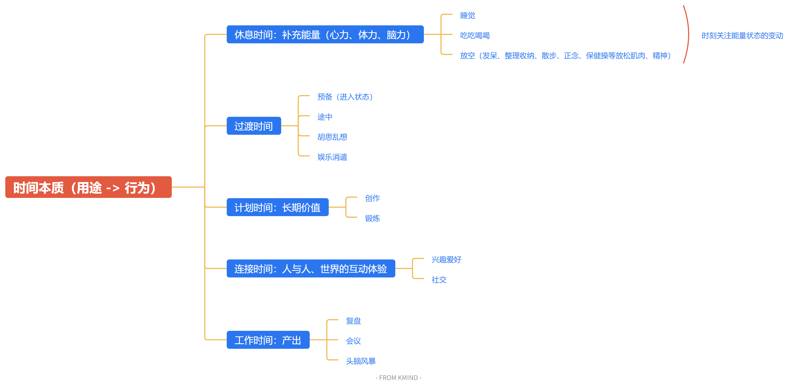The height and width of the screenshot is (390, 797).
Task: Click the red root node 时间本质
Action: click(x=88, y=187)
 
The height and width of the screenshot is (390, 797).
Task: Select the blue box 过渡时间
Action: click(x=254, y=126)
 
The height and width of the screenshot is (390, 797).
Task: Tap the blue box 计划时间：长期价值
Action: click(x=277, y=207)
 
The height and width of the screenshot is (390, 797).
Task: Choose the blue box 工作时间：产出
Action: click(x=268, y=340)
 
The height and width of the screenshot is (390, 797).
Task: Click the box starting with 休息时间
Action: click(x=325, y=34)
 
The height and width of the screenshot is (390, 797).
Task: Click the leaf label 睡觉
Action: click(x=467, y=16)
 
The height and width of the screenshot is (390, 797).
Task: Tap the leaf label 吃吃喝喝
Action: click(x=475, y=36)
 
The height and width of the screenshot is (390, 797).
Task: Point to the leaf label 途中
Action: click(x=325, y=117)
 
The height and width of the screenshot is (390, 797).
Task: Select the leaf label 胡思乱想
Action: click(x=332, y=137)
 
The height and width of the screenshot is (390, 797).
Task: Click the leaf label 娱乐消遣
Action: click(x=332, y=157)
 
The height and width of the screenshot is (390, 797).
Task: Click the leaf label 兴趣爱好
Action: click(x=446, y=259)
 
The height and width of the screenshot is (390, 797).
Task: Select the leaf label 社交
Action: click(x=439, y=280)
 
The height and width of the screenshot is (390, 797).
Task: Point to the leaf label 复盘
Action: click(x=353, y=321)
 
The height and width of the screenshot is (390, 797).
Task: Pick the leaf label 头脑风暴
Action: click(x=360, y=361)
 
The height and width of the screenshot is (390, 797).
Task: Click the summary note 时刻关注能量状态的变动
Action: click(x=742, y=36)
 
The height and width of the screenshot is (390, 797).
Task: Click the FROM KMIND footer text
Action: click(x=398, y=378)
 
